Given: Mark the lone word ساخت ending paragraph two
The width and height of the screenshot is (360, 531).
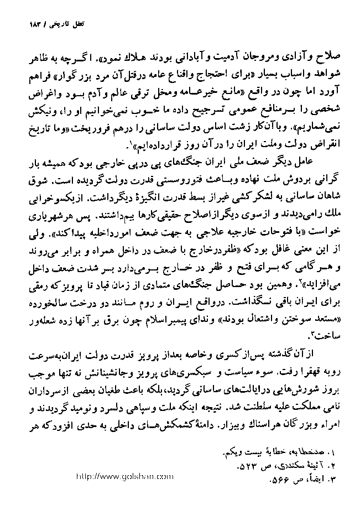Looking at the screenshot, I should pyautogui.click(x=326, y=335).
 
